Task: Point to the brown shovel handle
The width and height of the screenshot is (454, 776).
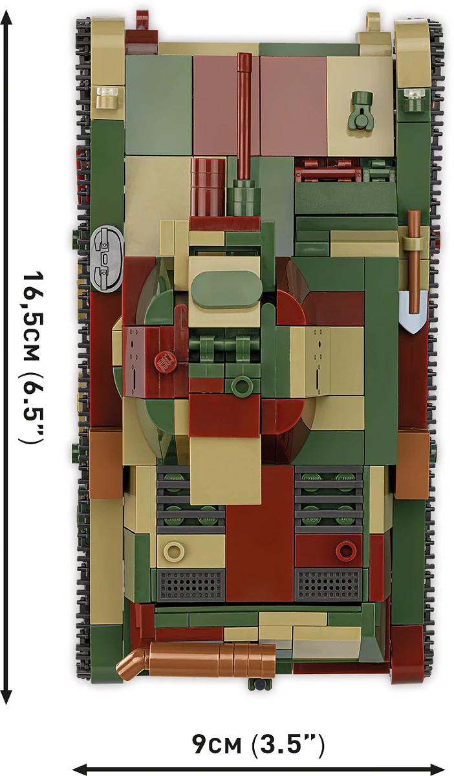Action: (413, 259)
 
